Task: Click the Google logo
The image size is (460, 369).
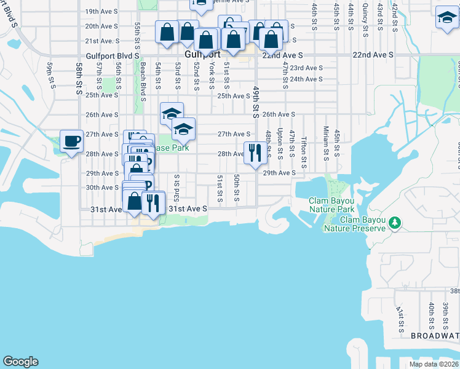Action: [x=20, y=362]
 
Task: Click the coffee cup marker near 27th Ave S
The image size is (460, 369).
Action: [x=71, y=141]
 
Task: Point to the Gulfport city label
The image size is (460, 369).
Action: [x=202, y=54]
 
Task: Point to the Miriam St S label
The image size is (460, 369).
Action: [x=325, y=141]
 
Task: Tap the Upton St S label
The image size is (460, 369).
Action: [x=280, y=143]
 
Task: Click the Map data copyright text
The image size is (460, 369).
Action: [x=434, y=364]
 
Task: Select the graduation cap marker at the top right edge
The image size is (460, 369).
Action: [x=446, y=18]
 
